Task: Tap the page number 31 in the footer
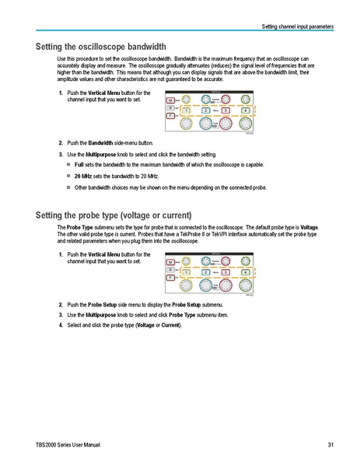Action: (330, 444)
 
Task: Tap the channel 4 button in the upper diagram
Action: (245, 111)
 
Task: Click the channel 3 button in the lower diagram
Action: (225, 272)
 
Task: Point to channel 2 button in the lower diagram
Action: (205, 272)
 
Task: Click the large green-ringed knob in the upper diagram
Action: (246, 124)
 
